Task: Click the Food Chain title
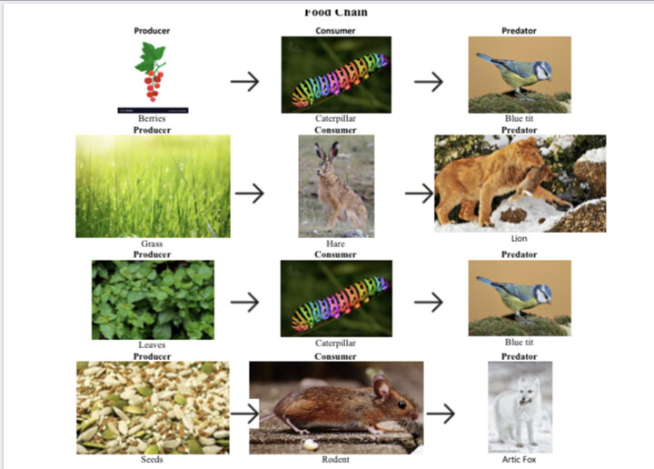(335, 12)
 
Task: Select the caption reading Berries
(152, 118)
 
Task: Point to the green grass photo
(153, 186)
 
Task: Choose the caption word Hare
(335, 244)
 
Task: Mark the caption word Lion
(519, 238)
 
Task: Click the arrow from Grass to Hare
(249, 194)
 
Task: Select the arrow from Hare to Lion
(419, 194)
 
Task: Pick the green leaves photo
(153, 300)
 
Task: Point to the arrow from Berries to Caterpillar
(244, 82)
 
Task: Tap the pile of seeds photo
(153, 407)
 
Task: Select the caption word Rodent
(335, 459)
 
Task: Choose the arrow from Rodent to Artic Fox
(441, 414)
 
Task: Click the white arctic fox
(520, 404)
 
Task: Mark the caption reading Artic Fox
(520, 459)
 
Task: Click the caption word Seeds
(152, 459)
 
